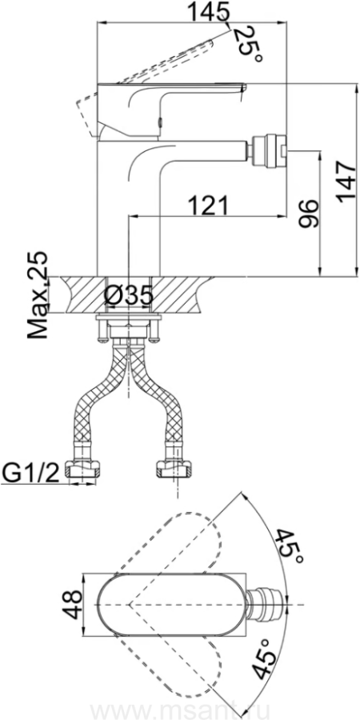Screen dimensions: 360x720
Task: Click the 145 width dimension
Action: (209, 11)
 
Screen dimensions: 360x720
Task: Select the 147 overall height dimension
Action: (346, 181)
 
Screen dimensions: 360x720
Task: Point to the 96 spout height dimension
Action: (308, 214)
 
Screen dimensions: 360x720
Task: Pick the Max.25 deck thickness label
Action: (38, 294)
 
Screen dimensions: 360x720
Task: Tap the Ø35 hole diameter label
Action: (128, 296)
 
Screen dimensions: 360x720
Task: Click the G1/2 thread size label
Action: (31, 473)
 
